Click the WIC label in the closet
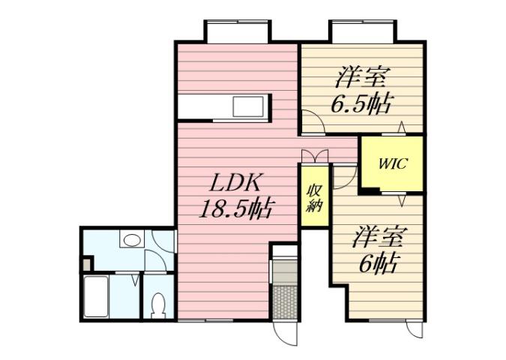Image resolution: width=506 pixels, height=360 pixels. [x=391, y=164]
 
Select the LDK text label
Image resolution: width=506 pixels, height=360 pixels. [x=234, y=182]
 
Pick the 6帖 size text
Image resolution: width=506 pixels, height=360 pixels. [x=378, y=262]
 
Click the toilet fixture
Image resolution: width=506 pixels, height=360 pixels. [x=158, y=304]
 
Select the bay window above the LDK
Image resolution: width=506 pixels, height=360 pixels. [x=235, y=31]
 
